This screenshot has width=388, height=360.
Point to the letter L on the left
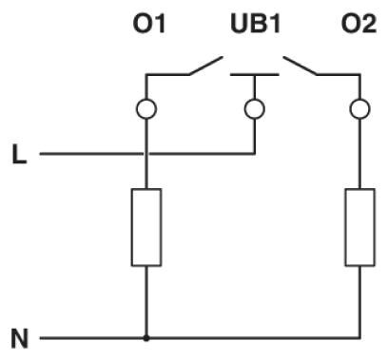click(x=19, y=153)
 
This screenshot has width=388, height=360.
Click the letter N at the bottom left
click(x=19, y=337)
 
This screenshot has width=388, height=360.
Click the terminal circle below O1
click(x=145, y=109)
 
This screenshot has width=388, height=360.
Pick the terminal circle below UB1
click(x=254, y=109)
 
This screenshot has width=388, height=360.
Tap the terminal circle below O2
click(x=359, y=109)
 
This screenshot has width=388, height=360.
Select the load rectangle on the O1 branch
click(x=145, y=227)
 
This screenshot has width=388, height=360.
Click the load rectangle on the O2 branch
click(x=359, y=227)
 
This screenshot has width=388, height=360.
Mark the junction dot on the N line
click(x=145, y=337)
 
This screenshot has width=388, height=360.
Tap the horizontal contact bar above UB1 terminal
click(x=254, y=72)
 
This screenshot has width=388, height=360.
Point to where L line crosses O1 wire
click(x=145, y=153)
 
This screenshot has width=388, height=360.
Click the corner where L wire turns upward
click(x=254, y=153)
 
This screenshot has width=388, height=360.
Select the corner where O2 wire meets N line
click(x=359, y=337)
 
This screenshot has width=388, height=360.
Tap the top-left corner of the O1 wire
click(x=145, y=73)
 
